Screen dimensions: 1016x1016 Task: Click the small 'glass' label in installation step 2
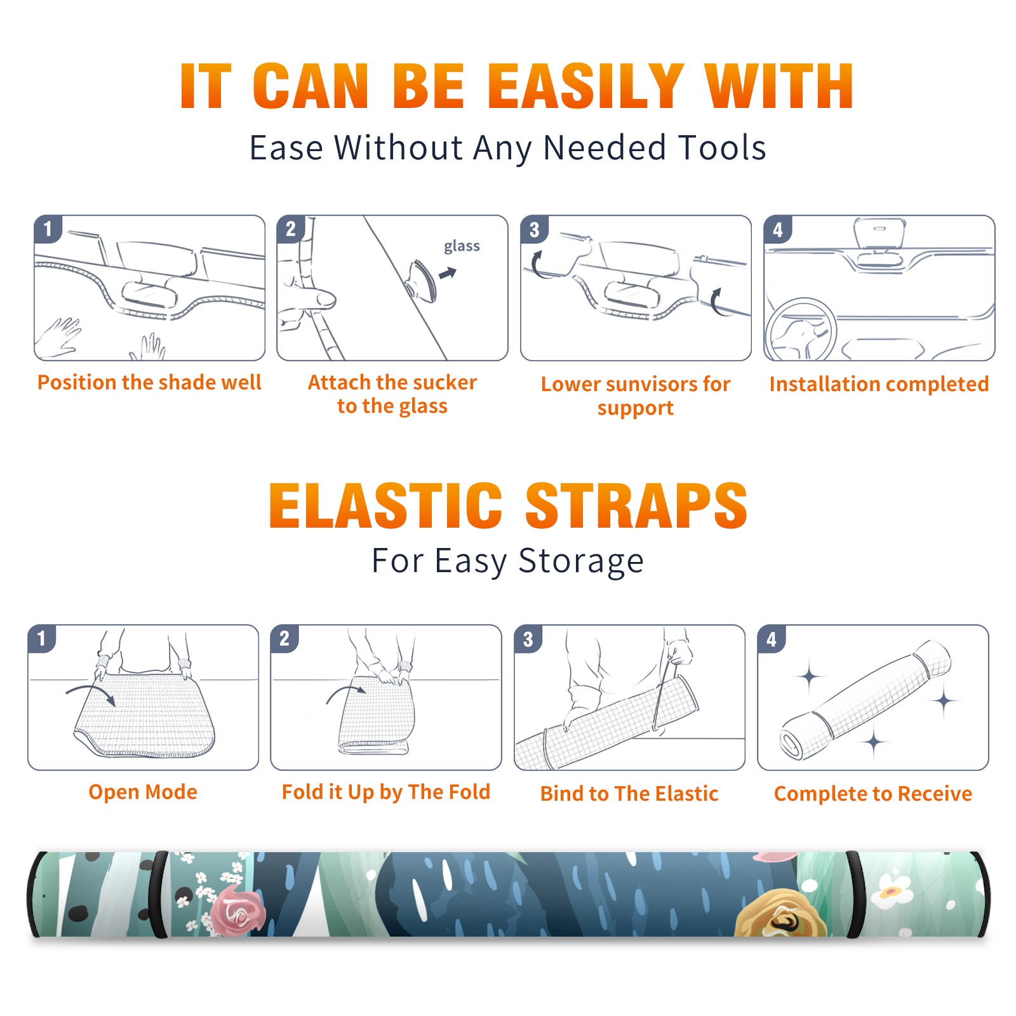462,246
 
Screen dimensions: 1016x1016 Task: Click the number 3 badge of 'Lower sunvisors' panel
534,229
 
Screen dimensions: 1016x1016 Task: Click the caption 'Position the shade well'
149,382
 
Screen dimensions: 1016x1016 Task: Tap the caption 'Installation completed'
879,384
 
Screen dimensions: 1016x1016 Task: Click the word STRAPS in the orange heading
636,505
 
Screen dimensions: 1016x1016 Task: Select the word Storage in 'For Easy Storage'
581,561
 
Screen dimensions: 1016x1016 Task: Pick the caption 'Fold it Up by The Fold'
386,792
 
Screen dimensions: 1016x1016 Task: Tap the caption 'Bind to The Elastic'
629,794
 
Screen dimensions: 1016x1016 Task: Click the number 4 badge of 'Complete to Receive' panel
772,639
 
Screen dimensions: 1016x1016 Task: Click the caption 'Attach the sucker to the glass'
392,394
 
